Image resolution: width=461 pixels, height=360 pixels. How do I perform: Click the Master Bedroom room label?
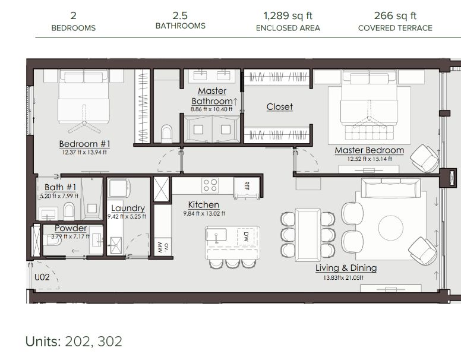[x=370, y=150]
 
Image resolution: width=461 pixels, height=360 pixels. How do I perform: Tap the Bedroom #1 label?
[x=85, y=144]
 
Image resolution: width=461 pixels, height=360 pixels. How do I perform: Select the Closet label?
[x=280, y=107]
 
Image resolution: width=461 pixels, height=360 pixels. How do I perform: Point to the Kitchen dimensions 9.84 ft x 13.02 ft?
[x=204, y=213]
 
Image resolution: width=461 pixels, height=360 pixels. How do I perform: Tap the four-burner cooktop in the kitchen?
[x=210, y=185]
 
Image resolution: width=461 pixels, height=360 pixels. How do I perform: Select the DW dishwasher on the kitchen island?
[x=247, y=237]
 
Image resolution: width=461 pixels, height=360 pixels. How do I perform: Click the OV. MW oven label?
[x=163, y=246]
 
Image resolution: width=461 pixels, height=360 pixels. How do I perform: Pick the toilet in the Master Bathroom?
[x=166, y=134]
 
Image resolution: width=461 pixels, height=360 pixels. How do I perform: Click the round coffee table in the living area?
[x=391, y=228]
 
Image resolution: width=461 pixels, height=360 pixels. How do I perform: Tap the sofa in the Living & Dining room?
[x=391, y=188]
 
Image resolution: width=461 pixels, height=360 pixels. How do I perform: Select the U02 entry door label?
[x=42, y=277]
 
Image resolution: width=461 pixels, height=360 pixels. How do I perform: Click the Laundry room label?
[x=128, y=209]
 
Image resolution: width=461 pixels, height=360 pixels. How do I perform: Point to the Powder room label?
[x=71, y=228]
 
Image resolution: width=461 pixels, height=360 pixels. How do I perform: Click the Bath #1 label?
[x=60, y=187]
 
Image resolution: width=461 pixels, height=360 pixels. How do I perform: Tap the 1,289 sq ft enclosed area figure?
[x=288, y=15]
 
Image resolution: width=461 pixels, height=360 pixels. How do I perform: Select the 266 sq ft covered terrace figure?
[x=395, y=15]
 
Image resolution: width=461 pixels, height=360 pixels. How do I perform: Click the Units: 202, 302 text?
[x=74, y=342]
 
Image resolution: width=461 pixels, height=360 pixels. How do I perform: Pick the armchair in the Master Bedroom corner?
[x=424, y=158]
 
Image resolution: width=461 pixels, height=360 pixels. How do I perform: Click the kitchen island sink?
[x=216, y=235]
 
